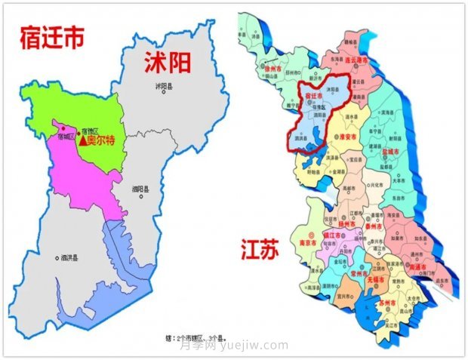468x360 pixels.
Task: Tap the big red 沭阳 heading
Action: (171, 63)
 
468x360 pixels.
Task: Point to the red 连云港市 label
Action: (352, 59)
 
